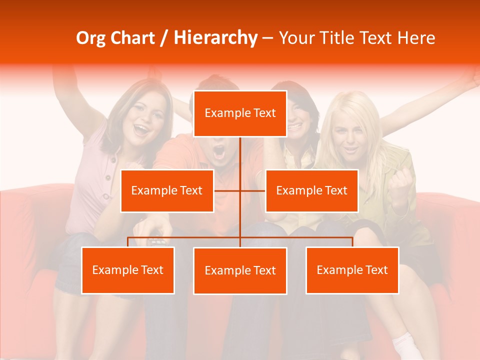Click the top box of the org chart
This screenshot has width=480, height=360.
[x=240, y=113]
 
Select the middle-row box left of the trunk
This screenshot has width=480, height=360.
[x=167, y=190]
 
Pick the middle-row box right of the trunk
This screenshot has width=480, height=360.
[x=311, y=190]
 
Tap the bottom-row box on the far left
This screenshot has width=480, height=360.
[x=128, y=270]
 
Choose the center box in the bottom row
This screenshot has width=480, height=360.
[x=240, y=270]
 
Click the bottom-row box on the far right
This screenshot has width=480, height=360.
[x=352, y=270]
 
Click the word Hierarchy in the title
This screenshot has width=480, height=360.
[x=215, y=38]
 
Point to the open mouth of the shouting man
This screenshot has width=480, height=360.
[x=219, y=152]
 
